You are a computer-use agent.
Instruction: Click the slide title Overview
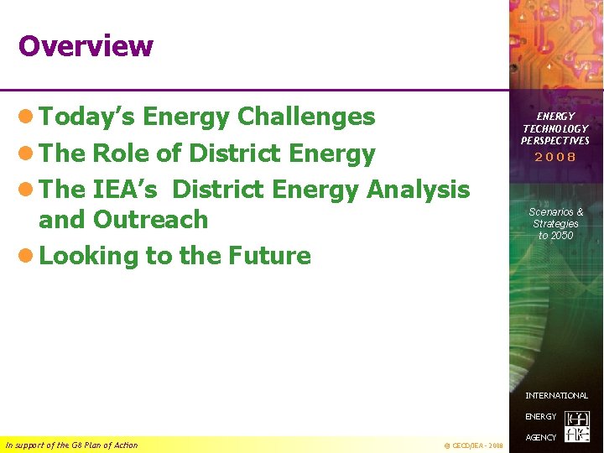tap(86, 46)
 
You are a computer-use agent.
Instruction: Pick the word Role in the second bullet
tap(122, 154)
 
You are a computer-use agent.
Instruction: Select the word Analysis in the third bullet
tap(418, 190)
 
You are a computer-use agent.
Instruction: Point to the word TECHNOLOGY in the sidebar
tap(555, 128)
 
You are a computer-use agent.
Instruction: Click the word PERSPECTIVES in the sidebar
tap(555, 140)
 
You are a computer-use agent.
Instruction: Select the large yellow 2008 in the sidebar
tap(555, 157)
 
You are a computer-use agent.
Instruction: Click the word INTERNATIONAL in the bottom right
tap(556, 395)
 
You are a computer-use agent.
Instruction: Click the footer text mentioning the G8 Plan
tap(71, 445)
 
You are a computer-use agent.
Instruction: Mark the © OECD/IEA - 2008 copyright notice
tap(472, 445)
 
